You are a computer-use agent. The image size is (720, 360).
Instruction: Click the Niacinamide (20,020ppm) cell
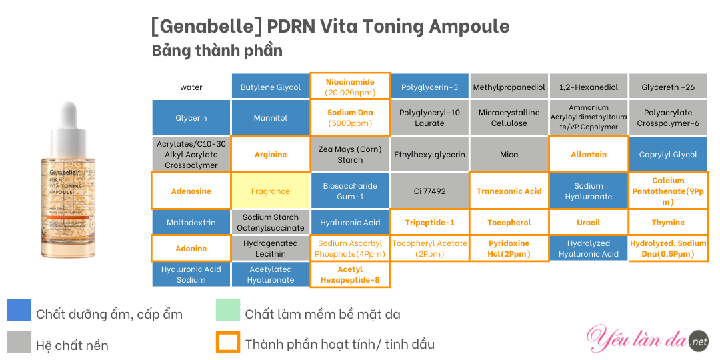(x=351, y=86)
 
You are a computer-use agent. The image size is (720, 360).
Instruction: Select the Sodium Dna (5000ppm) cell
(x=351, y=117)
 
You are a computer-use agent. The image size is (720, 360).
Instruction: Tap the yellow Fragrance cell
(x=271, y=191)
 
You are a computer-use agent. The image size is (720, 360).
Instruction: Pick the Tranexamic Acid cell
(x=509, y=191)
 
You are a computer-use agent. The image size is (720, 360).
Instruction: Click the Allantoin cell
(x=589, y=155)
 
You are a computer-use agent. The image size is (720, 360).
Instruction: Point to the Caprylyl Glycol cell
(x=668, y=155)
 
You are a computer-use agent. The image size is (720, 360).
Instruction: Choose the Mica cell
(x=509, y=155)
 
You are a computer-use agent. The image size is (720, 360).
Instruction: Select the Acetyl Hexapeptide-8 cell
(x=351, y=275)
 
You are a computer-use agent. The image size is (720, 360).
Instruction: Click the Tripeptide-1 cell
(x=429, y=223)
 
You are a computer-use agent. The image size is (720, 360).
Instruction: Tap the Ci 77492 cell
(x=429, y=191)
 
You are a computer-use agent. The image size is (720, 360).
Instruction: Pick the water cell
(x=191, y=87)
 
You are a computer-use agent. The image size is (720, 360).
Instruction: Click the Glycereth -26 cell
(x=668, y=87)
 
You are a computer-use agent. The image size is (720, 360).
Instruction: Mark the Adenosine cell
(x=191, y=191)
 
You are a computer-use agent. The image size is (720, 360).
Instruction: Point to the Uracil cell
(x=589, y=223)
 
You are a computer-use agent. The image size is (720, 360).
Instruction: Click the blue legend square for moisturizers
(x=19, y=310)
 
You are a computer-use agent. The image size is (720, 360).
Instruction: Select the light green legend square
(x=228, y=310)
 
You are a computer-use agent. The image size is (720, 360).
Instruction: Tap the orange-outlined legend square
(x=228, y=342)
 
